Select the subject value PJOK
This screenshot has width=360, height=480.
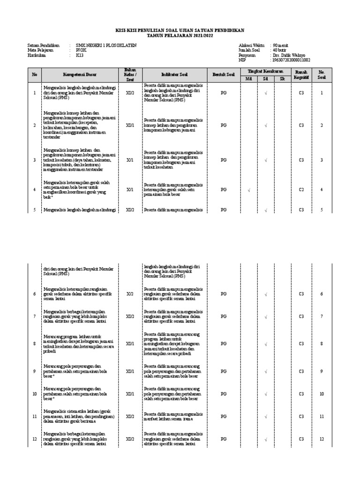(82, 50)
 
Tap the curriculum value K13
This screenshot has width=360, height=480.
(80, 55)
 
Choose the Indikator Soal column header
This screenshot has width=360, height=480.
(174, 75)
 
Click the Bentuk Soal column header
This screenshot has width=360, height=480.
(224, 75)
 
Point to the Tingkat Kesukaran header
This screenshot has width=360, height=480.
(265, 71)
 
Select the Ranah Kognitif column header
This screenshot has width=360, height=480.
(301, 75)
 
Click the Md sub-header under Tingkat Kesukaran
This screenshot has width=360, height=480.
(248, 79)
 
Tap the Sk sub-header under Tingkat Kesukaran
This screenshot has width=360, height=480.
(282, 79)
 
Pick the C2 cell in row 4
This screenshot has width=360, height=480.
(301, 189)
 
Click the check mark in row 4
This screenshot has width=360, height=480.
(249, 189)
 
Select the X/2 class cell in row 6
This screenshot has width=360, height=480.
(129, 294)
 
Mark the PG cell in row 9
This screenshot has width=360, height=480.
(224, 371)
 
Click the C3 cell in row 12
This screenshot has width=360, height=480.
(301, 439)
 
